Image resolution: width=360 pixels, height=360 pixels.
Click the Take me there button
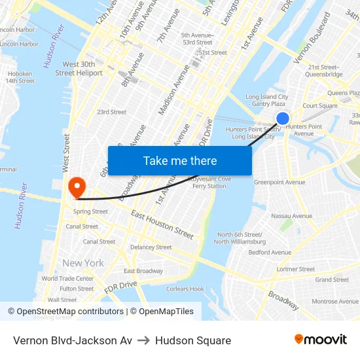(x=180, y=160)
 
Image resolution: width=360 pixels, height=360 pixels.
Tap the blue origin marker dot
(x=283, y=118)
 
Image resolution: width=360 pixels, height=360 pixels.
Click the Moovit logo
(x=321, y=340)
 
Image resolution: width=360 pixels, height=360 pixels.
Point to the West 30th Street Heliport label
(x=79, y=69)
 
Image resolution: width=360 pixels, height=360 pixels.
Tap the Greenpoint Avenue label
(x=279, y=182)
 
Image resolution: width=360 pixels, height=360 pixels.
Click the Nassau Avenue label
(x=291, y=216)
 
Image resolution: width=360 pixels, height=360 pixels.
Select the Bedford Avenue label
(x=270, y=252)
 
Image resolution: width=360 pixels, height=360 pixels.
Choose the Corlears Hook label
(x=186, y=289)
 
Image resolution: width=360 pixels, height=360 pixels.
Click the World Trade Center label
(x=67, y=278)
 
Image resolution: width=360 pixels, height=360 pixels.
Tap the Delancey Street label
(x=151, y=247)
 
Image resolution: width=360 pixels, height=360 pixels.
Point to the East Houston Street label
(x=162, y=225)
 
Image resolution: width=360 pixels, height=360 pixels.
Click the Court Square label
(x=320, y=105)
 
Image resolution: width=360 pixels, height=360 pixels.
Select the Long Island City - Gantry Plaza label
(x=266, y=100)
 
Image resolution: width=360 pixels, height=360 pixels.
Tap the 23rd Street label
(x=111, y=112)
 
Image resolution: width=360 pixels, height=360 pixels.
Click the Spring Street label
(x=90, y=211)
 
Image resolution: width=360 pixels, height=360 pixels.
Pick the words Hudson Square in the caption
(x=193, y=340)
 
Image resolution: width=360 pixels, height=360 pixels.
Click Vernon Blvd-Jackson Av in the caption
(x=73, y=340)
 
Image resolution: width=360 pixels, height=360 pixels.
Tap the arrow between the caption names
(x=143, y=340)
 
